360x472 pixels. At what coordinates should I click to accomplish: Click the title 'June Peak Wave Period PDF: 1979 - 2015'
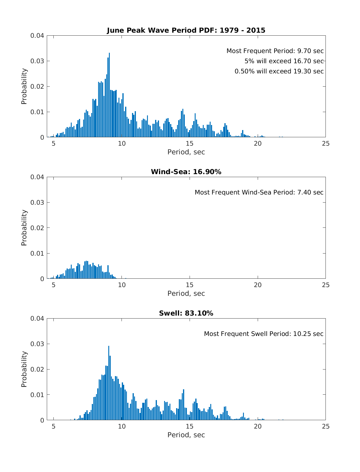coord(186,30)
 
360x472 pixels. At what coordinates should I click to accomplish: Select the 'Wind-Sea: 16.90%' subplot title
coord(186,172)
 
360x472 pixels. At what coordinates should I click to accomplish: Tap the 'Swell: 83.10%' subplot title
coord(186,313)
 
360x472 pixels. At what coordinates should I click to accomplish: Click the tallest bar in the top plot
coord(109,96)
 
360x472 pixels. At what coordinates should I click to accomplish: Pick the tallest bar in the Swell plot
coord(109,384)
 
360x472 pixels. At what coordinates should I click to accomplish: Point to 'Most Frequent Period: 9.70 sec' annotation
coord(275,51)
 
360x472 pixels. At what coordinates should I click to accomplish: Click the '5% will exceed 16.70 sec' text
coord(284,61)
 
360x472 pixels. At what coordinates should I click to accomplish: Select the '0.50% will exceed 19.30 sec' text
coord(279,71)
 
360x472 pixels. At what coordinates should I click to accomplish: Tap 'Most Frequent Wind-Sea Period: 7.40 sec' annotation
coord(259,192)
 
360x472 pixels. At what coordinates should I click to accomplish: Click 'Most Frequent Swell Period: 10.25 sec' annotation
coord(263,334)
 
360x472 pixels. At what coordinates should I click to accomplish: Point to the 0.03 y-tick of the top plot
coord(37,61)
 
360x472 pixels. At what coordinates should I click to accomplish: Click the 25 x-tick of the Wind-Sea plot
coord(325,285)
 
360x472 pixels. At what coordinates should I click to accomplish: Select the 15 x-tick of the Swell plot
coord(190,426)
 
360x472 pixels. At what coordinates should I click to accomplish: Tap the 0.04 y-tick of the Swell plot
coord(37,319)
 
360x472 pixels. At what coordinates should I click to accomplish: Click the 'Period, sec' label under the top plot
coord(186,152)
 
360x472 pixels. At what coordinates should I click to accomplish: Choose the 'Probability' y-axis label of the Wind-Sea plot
coord(24,228)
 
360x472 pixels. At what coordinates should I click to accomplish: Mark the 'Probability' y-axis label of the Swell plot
coord(24,369)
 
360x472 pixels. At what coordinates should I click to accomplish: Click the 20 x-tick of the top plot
coord(258,144)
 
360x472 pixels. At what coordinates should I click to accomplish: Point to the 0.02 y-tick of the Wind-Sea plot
coord(37,228)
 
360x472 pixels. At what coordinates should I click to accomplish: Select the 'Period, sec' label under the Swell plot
coord(186,435)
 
